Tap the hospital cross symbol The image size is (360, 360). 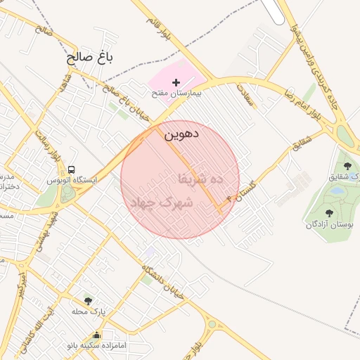click(176, 83)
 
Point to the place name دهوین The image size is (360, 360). click(181, 133)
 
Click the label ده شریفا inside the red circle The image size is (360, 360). click(200, 179)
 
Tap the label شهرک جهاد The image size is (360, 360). click(161, 202)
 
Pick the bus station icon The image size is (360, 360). click(72, 170)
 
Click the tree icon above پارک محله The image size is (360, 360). click(88, 301)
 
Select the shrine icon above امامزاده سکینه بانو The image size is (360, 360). click(97, 335)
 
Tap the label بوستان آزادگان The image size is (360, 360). click(330, 224)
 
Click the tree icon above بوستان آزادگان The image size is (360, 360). click(330, 212)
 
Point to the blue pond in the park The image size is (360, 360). click(337, 191)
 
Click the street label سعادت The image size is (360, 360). click(244, 94)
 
